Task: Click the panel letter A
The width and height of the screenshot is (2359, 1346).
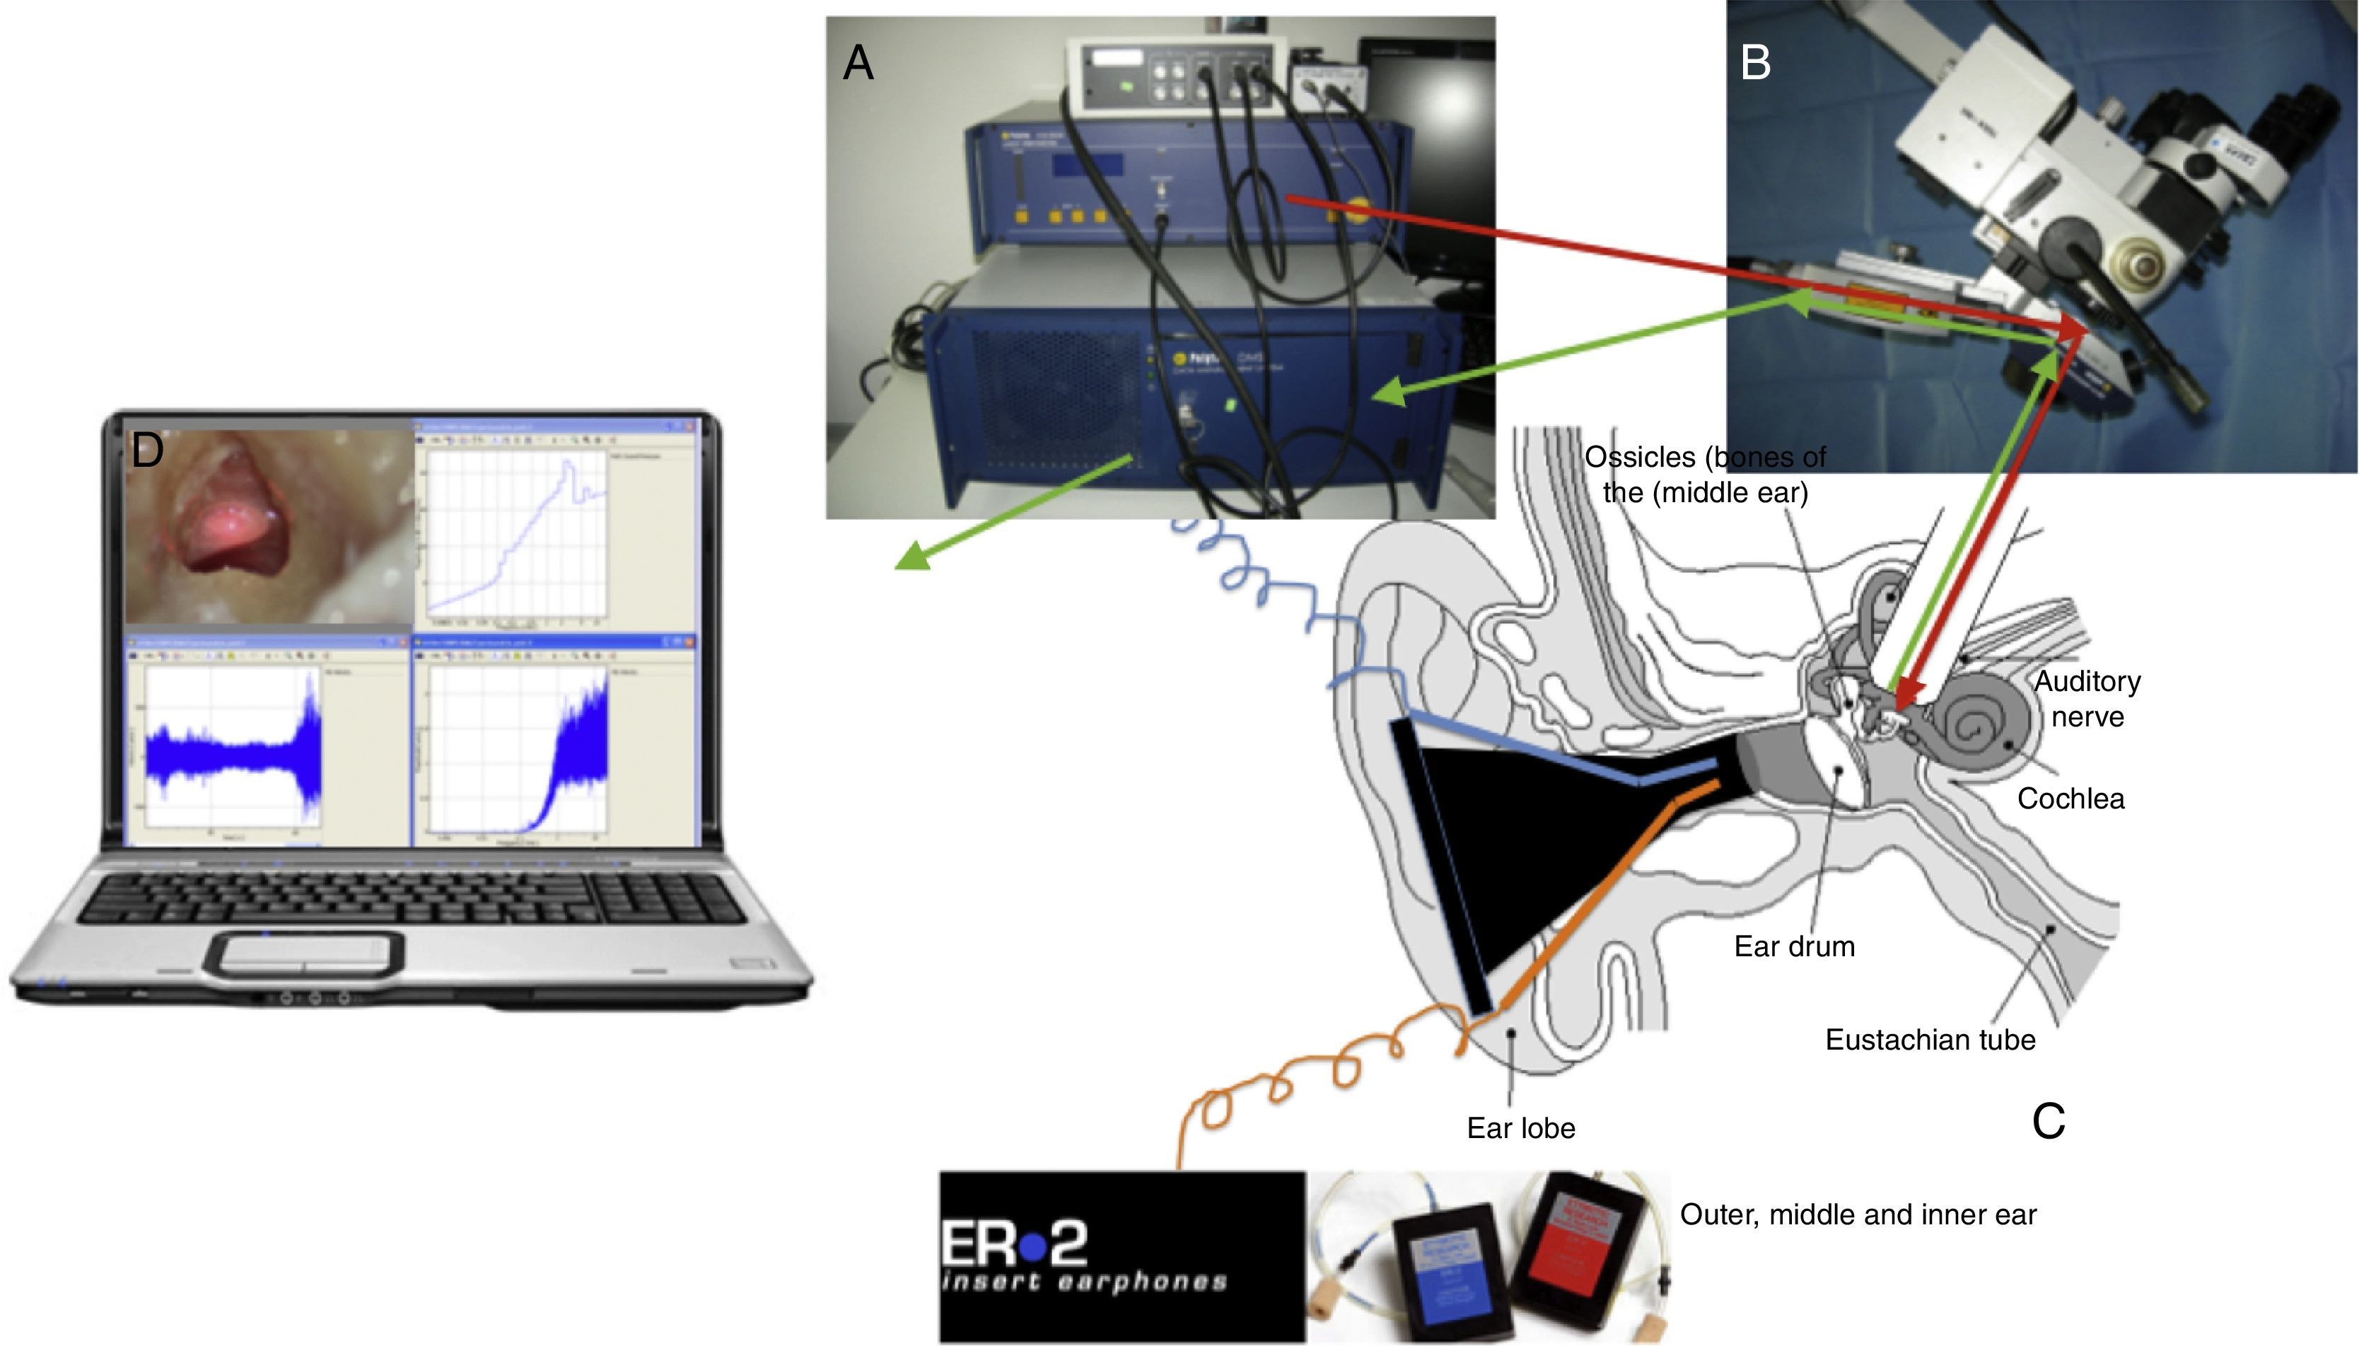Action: click(858, 64)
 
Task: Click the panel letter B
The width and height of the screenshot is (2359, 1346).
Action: click(1754, 64)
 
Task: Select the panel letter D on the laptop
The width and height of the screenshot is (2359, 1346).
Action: click(148, 451)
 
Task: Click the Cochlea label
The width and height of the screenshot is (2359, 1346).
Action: click(2070, 799)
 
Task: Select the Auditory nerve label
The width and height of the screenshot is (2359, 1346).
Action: click(2087, 699)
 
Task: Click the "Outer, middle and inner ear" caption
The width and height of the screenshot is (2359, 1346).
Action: click(1857, 1214)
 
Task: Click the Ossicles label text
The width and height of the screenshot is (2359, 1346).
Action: click(1705, 474)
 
